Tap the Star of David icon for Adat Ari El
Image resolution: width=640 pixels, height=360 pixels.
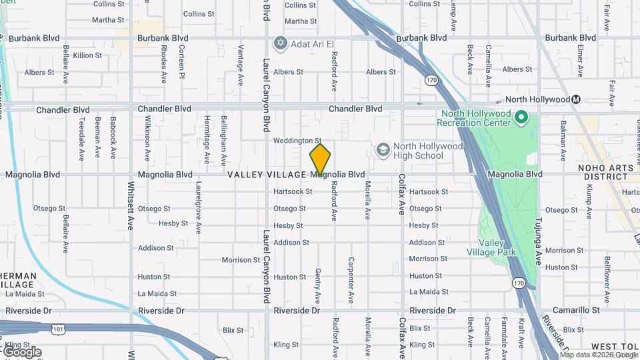(280, 43)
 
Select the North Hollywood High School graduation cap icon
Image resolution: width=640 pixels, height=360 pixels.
(383, 151)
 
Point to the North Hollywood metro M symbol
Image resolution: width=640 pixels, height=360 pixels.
(577, 99)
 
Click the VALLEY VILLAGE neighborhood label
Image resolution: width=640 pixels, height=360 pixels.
(267, 175)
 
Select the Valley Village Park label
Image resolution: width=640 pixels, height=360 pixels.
(497, 247)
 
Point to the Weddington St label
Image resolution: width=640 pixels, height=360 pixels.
(297, 141)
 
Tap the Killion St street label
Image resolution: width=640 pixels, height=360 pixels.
(87, 55)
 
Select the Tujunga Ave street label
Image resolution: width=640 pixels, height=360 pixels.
(538, 237)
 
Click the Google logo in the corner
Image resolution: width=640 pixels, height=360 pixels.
(22, 352)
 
